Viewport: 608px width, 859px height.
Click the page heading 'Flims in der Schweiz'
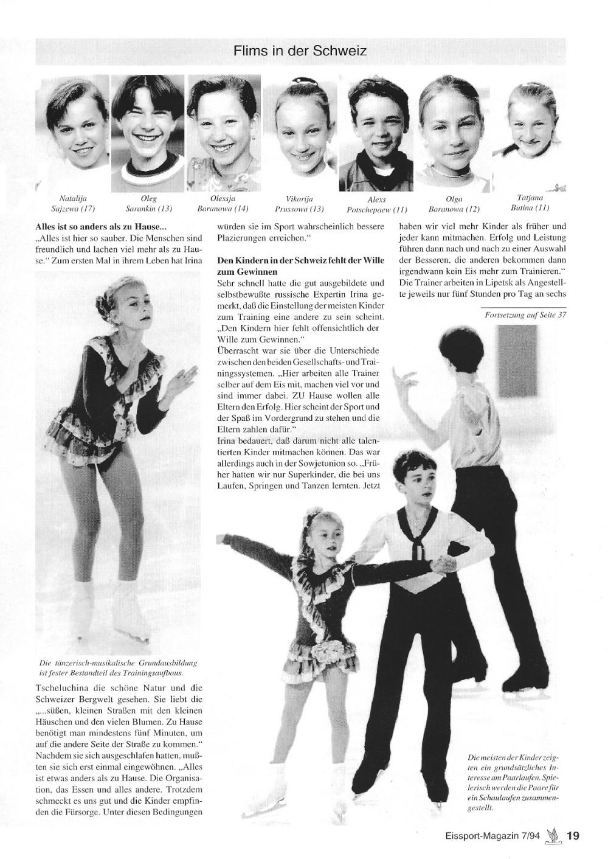(300, 51)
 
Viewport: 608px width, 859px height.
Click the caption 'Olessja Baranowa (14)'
(223, 204)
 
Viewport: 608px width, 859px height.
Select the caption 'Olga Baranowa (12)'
(454, 204)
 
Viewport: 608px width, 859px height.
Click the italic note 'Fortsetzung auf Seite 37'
(525, 315)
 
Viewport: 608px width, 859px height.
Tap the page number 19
(573, 836)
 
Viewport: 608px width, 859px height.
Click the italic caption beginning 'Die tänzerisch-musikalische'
(118, 668)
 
